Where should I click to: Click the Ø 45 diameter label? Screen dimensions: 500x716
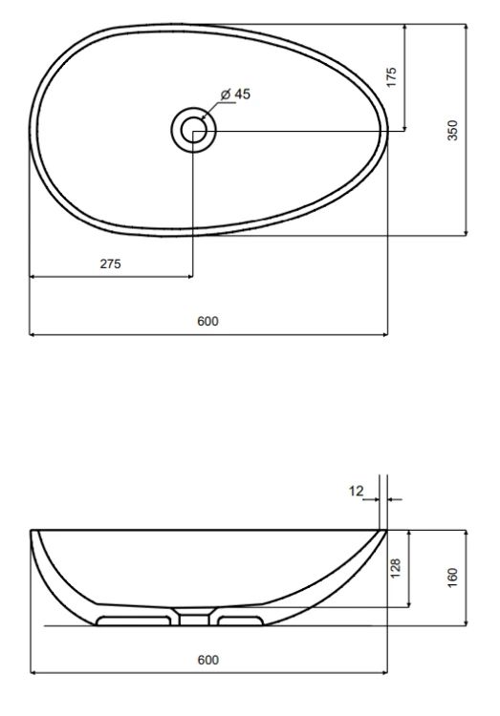point(235,95)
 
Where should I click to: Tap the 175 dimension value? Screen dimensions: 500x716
point(392,77)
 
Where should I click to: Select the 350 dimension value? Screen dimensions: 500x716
point(452,130)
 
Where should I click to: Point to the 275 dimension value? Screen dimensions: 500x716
point(110,263)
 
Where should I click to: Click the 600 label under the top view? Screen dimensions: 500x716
point(207,321)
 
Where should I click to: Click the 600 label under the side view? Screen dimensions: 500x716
point(208,660)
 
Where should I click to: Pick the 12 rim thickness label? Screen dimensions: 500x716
point(356,491)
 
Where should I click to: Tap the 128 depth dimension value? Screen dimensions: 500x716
point(396,568)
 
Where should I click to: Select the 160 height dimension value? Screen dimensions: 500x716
point(452,578)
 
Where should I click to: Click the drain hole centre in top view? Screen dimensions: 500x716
point(193,130)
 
